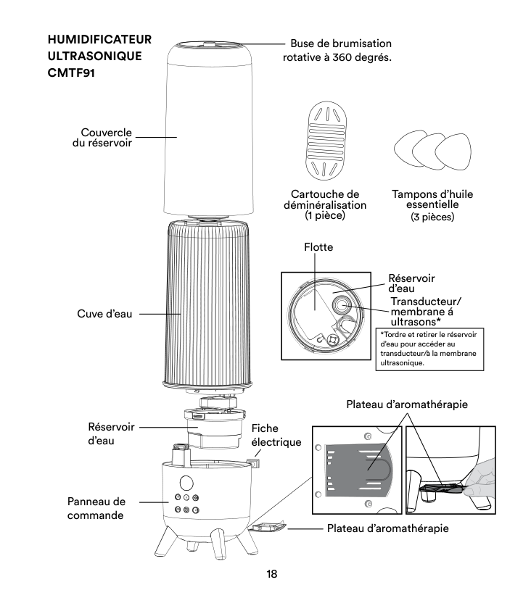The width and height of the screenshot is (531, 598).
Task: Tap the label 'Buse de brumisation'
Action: point(340,43)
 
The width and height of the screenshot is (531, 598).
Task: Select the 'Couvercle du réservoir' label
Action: point(108,137)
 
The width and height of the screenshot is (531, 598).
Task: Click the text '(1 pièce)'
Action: point(326,216)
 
